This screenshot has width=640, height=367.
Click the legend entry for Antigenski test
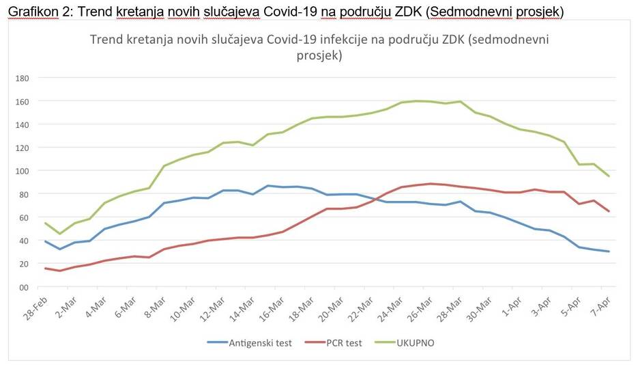(x=260, y=343)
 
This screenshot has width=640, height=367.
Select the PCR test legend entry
(x=343, y=343)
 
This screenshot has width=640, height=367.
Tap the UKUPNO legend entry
(x=414, y=343)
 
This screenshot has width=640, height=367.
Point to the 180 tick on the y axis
(x=21, y=78)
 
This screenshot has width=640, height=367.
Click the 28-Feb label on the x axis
(x=35, y=305)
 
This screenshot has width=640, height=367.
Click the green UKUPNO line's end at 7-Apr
(x=608, y=176)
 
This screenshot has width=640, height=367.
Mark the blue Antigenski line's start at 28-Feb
(x=46, y=241)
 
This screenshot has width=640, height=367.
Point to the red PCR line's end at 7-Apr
(x=608, y=211)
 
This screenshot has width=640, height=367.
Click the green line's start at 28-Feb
(x=46, y=223)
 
